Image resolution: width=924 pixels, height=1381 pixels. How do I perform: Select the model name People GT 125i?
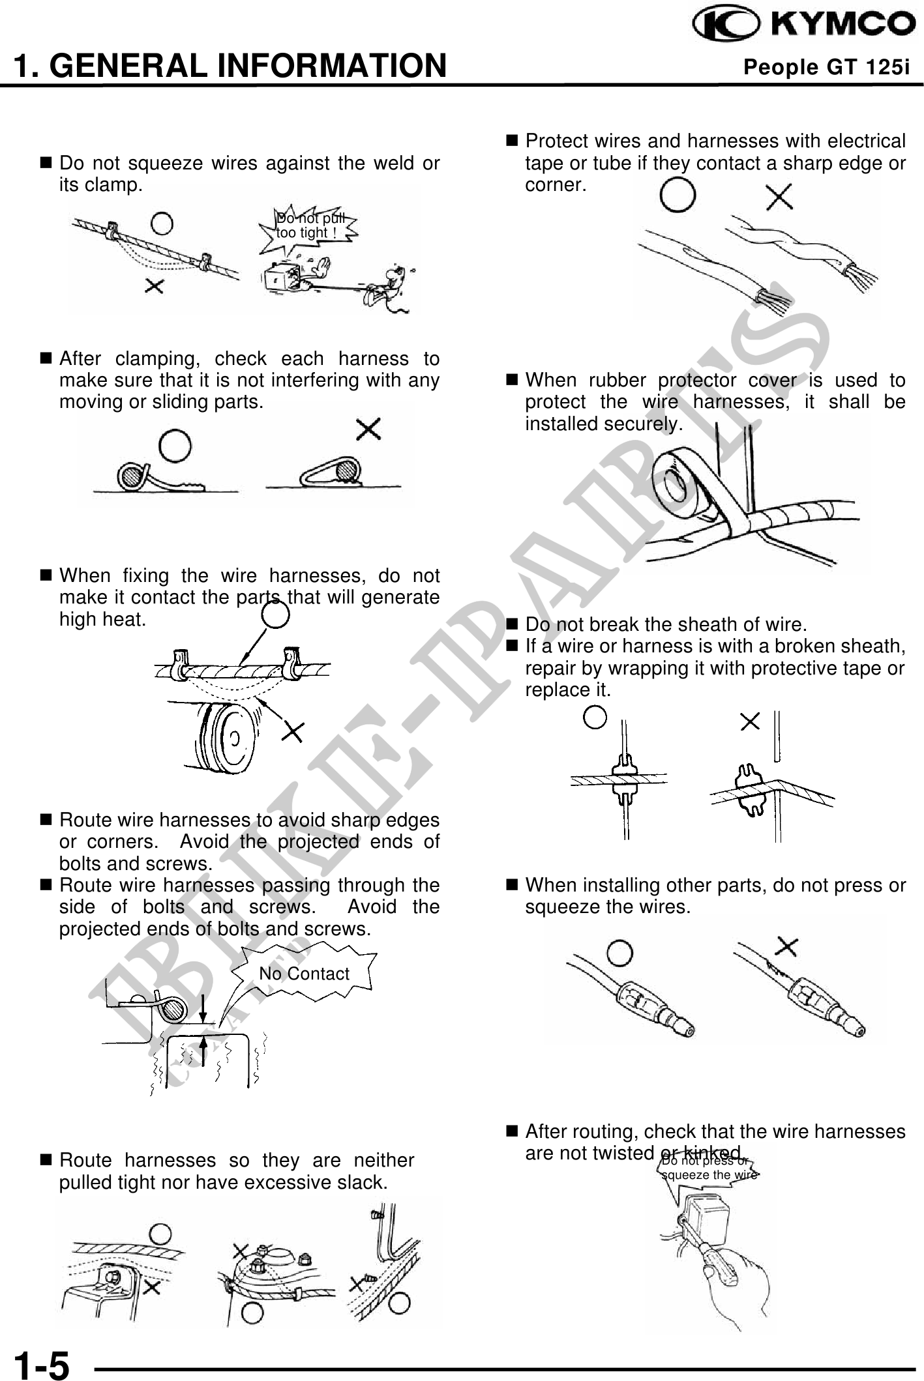826,67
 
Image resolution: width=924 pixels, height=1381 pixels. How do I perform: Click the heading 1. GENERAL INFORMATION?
230,66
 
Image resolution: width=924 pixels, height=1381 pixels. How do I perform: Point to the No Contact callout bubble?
304,974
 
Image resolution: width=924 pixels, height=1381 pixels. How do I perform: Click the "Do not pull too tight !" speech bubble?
310,225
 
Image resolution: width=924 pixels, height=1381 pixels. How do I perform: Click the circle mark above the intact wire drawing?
678,196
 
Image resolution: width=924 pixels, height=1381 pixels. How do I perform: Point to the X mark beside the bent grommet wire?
751,721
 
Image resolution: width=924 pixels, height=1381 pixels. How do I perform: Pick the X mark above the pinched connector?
787,946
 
